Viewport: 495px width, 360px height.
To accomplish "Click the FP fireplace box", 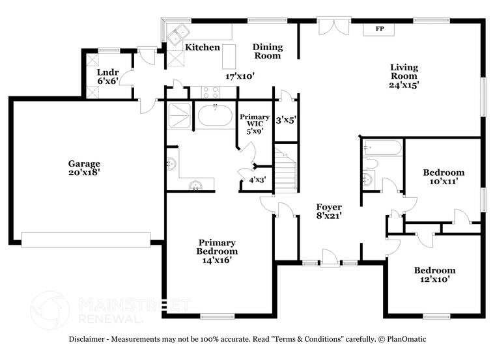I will [x=380, y=29].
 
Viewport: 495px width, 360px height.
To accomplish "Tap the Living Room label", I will [x=404, y=71].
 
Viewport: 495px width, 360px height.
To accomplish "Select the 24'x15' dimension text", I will [x=404, y=84].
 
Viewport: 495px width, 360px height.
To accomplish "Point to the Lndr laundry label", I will [x=107, y=72].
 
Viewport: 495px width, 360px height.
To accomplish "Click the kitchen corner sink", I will [x=177, y=34].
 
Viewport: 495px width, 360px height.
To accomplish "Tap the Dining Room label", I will [x=267, y=51].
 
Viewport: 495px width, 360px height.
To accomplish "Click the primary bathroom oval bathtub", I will [x=214, y=117].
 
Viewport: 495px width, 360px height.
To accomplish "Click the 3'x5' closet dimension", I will [x=286, y=120].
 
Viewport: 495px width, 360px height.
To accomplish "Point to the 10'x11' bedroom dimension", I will [x=444, y=182].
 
